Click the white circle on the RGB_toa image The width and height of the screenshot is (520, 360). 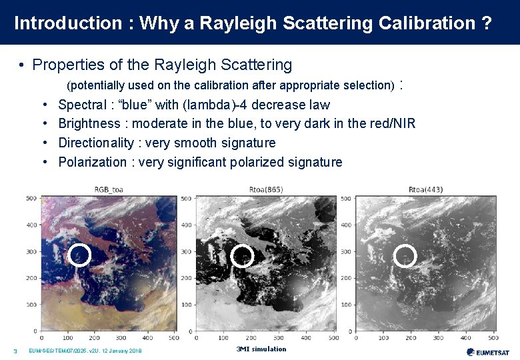(80, 255)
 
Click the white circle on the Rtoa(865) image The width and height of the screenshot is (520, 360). (242, 256)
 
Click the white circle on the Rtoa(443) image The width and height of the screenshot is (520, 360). (405, 256)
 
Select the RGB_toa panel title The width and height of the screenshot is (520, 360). (108, 189)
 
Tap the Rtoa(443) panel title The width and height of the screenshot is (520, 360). (425, 189)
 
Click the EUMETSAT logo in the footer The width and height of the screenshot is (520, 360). (489, 352)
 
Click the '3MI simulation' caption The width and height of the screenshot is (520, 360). (261, 349)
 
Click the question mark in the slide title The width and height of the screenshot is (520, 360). (487, 23)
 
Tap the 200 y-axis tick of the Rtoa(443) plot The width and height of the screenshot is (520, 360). (346, 278)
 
